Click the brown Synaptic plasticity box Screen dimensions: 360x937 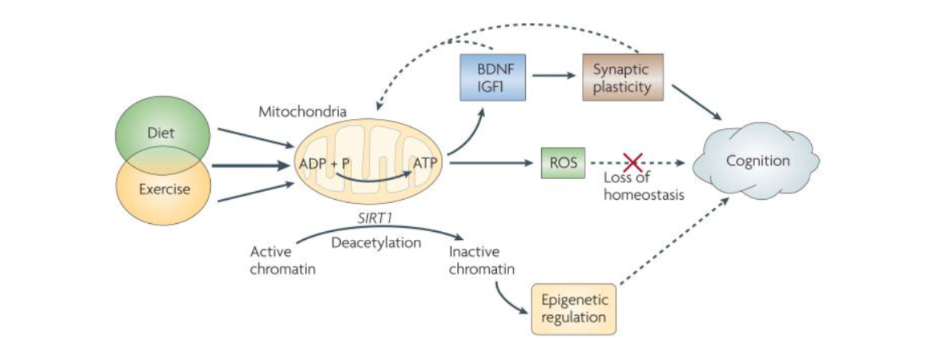pyautogui.click(x=623, y=77)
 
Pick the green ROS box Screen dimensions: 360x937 pyautogui.click(x=563, y=163)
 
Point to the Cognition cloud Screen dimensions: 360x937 pyautogui.click(x=757, y=162)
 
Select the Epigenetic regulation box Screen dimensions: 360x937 pyautogui.click(x=573, y=309)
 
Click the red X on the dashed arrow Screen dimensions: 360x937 pyautogui.click(x=633, y=163)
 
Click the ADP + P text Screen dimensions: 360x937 pyautogui.click(x=324, y=164)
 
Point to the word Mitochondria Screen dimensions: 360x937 pyautogui.click(x=302, y=112)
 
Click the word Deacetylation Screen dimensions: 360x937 pyautogui.click(x=376, y=242)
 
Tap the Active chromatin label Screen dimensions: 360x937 pyautogui.click(x=274, y=260)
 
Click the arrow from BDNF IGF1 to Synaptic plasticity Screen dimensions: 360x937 pyautogui.click(x=553, y=76)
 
